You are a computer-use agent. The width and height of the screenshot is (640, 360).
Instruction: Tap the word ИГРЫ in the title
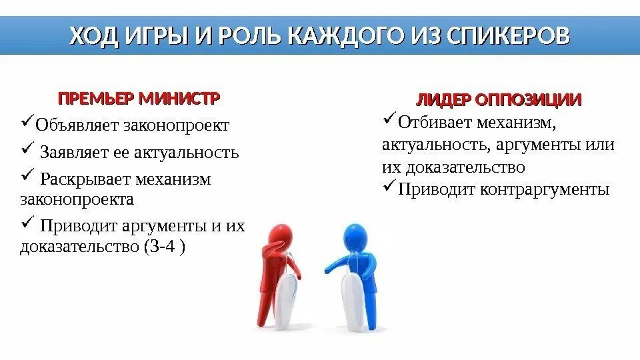click(x=156, y=35)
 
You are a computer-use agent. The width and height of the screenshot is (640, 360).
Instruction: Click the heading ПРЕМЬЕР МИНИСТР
click(x=139, y=99)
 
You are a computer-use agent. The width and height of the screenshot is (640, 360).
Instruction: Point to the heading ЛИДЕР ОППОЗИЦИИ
click(x=499, y=99)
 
